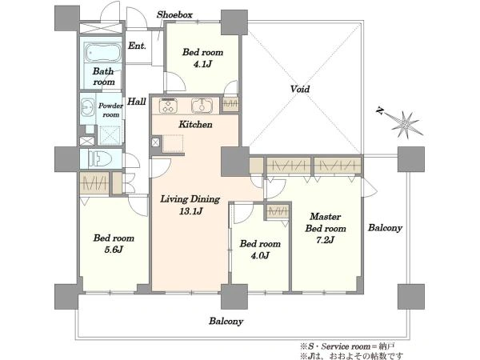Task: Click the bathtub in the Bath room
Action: click(103, 53)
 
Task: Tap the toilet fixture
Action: click(100, 159)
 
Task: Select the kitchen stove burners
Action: click(167, 106)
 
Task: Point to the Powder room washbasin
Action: click(89, 108)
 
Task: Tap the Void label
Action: click(300, 89)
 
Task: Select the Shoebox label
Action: click(174, 14)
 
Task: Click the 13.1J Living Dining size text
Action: click(190, 211)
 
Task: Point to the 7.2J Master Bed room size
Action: click(325, 240)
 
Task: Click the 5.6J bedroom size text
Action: click(114, 250)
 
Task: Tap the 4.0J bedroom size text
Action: click(260, 255)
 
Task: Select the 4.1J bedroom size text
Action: click(202, 64)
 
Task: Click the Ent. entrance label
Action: click(137, 46)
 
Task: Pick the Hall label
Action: click(136, 102)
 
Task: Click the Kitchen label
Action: click(195, 124)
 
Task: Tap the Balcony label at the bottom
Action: click(226, 321)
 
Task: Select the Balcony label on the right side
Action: click(385, 228)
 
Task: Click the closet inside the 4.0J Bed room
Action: click(278, 211)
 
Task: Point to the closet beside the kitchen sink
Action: click(230, 104)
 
